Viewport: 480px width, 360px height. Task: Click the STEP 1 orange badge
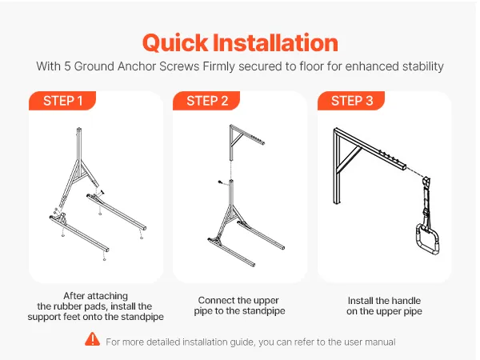62,101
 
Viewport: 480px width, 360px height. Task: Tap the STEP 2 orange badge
206,101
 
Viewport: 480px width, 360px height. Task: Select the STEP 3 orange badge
351,101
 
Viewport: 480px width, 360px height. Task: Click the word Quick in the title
175,43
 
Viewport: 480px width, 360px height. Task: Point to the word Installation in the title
275,42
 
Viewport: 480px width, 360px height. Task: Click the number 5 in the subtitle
67,66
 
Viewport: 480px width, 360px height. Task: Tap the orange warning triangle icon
93,339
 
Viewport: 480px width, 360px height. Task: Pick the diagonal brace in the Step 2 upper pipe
238,140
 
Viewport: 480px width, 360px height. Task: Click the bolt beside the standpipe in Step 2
220,182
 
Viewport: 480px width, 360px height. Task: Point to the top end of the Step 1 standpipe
79,129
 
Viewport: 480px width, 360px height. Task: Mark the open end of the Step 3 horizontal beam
405,167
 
